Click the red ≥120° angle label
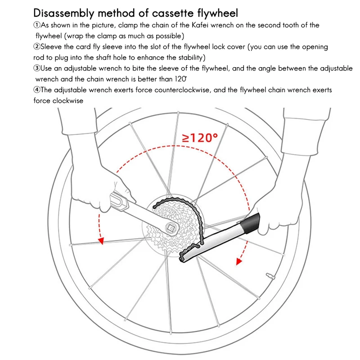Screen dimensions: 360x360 tap(200, 137)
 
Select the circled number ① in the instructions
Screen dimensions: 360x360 tap(37, 25)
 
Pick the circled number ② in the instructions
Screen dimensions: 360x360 tap(37, 47)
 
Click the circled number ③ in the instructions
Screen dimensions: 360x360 tap(37, 68)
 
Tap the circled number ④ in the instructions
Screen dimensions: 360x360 tap(37, 90)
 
